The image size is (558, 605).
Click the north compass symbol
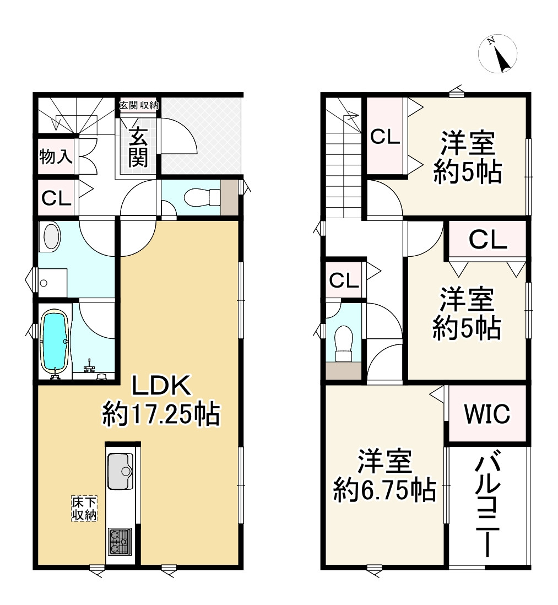[498, 55]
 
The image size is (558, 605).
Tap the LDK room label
[160, 386]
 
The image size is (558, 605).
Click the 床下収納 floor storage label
[84, 508]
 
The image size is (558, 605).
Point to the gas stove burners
[120, 541]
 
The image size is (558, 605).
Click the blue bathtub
[55, 342]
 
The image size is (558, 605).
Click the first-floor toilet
[198, 197]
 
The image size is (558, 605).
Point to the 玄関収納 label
[139, 105]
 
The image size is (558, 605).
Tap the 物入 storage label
[56, 157]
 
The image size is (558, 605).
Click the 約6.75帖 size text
[384, 489]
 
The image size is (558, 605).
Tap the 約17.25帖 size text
[160, 413]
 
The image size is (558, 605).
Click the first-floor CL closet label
[56, 198]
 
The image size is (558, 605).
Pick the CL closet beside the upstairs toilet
[344, 280]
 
